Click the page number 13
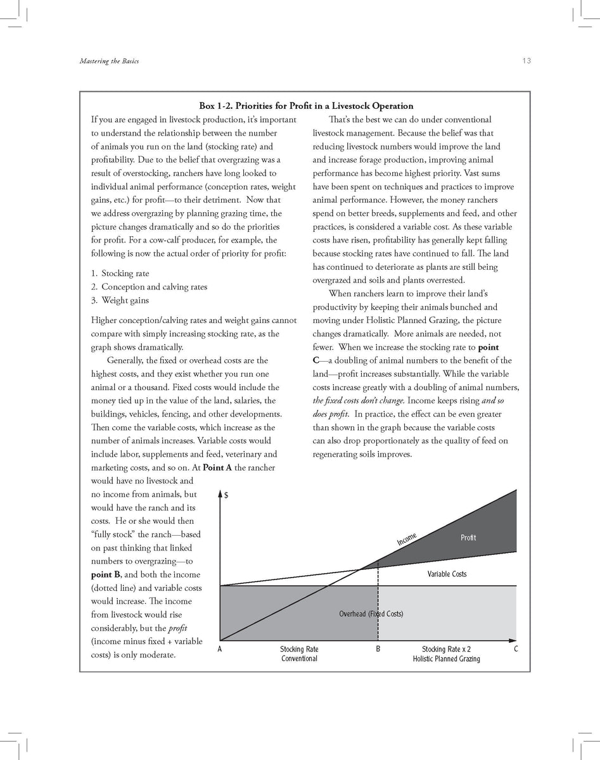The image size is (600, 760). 527,61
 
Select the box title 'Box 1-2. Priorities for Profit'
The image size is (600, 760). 306,106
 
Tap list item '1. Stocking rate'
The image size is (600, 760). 120,274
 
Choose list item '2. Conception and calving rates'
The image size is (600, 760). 149,287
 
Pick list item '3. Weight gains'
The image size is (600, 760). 120,300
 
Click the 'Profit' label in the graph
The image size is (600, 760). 468,538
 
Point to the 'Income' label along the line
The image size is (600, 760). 407,539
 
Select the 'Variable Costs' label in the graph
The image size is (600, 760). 447,574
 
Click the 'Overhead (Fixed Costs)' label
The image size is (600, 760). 371,614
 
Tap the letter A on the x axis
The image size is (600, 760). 219,649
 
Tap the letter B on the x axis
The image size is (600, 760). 378,649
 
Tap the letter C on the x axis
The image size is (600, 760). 516,649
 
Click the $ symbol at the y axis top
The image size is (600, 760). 226,496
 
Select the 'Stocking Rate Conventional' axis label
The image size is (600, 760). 299,654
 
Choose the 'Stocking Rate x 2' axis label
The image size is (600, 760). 446,649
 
